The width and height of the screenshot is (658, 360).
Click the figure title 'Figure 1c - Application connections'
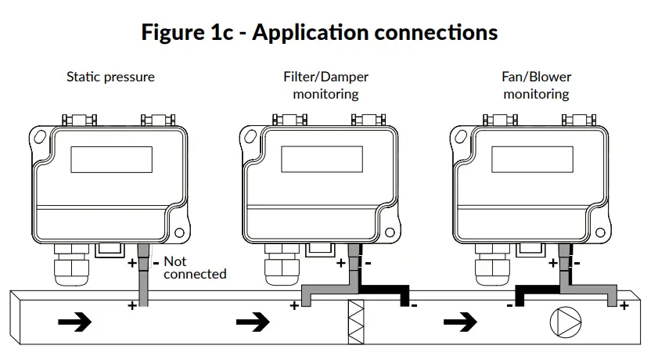(319, 33)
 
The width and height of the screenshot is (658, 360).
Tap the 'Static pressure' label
(110, 77)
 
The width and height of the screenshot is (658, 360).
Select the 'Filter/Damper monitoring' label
(325, 85)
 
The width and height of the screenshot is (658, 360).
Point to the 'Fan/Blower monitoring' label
(536, 85)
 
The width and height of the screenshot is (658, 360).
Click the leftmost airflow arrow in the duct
(74, 322)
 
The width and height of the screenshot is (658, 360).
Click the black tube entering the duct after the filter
(403, 297)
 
